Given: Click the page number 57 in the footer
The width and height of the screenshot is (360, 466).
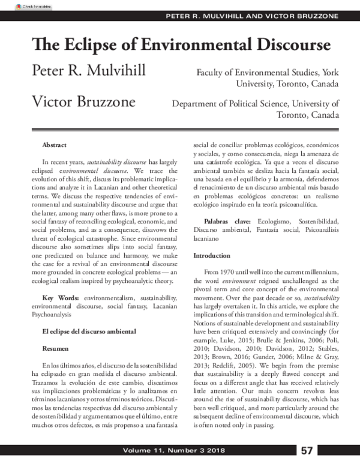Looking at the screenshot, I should [x=307, y=450].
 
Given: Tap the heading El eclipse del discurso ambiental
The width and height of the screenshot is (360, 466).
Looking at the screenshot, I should [x=90, y=331].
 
